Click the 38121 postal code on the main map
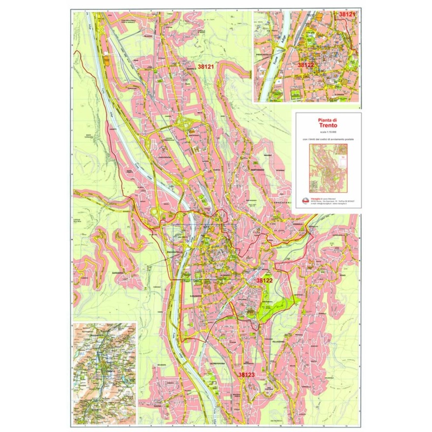[x=206, y=67]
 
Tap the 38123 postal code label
[x=246, y=374]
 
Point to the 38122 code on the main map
[x=264, y=281]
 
